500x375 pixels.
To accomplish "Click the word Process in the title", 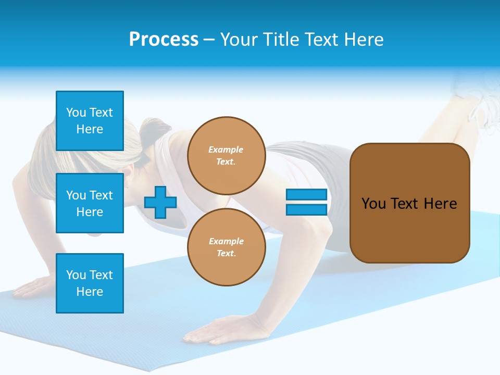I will pos(164,40).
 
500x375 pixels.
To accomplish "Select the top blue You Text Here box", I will pos(90,121).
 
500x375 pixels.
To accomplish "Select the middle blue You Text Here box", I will pos(90,203).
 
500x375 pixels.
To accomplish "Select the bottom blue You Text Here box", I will pos(90,283).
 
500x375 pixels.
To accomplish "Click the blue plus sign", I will pos(160,202).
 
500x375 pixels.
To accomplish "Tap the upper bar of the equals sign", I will pos(306,195).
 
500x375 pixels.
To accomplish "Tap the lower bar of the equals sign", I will pos(306,210).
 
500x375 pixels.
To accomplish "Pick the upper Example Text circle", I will pos(226,155).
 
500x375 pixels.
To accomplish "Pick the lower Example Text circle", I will pos(226,247).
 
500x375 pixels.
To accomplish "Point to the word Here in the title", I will pos(363,40).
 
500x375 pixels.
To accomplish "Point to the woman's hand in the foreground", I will pos(208,331).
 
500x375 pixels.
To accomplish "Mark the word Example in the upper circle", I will pos(226,149).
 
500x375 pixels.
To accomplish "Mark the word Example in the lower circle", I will pos(226,241).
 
